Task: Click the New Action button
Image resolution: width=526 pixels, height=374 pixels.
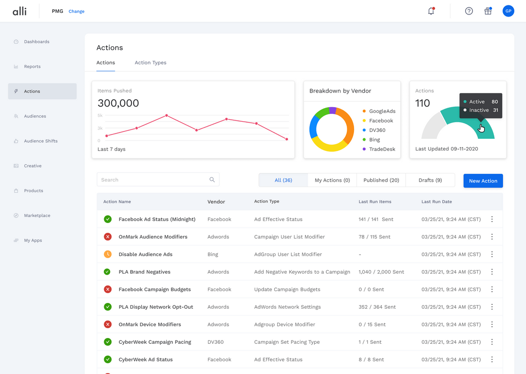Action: click(x=483, y=181)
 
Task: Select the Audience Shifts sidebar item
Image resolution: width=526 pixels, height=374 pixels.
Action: click(x=40, y=141)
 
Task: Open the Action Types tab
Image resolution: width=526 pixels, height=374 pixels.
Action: click(x=150, y=63)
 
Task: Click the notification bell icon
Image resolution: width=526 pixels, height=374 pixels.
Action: click(x=431, y=11)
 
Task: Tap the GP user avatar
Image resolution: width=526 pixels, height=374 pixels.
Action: click(x=508, y=11)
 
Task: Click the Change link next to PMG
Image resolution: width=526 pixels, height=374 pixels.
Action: click(x=76, y=11)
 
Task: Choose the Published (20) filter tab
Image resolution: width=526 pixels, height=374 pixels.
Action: click(x=381, y=180)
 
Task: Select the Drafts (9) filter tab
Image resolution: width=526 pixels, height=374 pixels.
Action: click(x=430, y=180)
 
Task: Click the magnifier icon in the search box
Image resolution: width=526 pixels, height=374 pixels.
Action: click(x=212, y=180)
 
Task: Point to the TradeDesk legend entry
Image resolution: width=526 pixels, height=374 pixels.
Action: click(x=382, y=150)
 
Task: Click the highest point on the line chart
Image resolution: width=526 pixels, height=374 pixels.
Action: click(x=167, y=115)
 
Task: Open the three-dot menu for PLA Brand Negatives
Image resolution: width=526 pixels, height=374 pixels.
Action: click(x=492, y=272)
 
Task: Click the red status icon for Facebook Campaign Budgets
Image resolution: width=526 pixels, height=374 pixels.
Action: click(x=108, y=289)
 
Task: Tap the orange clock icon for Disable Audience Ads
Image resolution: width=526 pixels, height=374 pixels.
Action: click(x=108, y=254)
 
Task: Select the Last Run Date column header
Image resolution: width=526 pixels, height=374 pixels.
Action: click(x=436, y=202)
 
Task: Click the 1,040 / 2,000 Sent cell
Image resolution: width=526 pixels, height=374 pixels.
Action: click(x=381, y=272)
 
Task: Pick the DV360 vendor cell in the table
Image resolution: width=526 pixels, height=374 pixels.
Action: click(x=215, y=342)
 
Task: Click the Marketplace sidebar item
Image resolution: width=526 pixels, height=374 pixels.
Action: click(x=37, y=216)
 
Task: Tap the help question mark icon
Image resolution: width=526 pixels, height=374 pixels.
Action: click(x=469, y=11)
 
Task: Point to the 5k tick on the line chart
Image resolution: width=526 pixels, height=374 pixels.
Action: click(x=100, y=115)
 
